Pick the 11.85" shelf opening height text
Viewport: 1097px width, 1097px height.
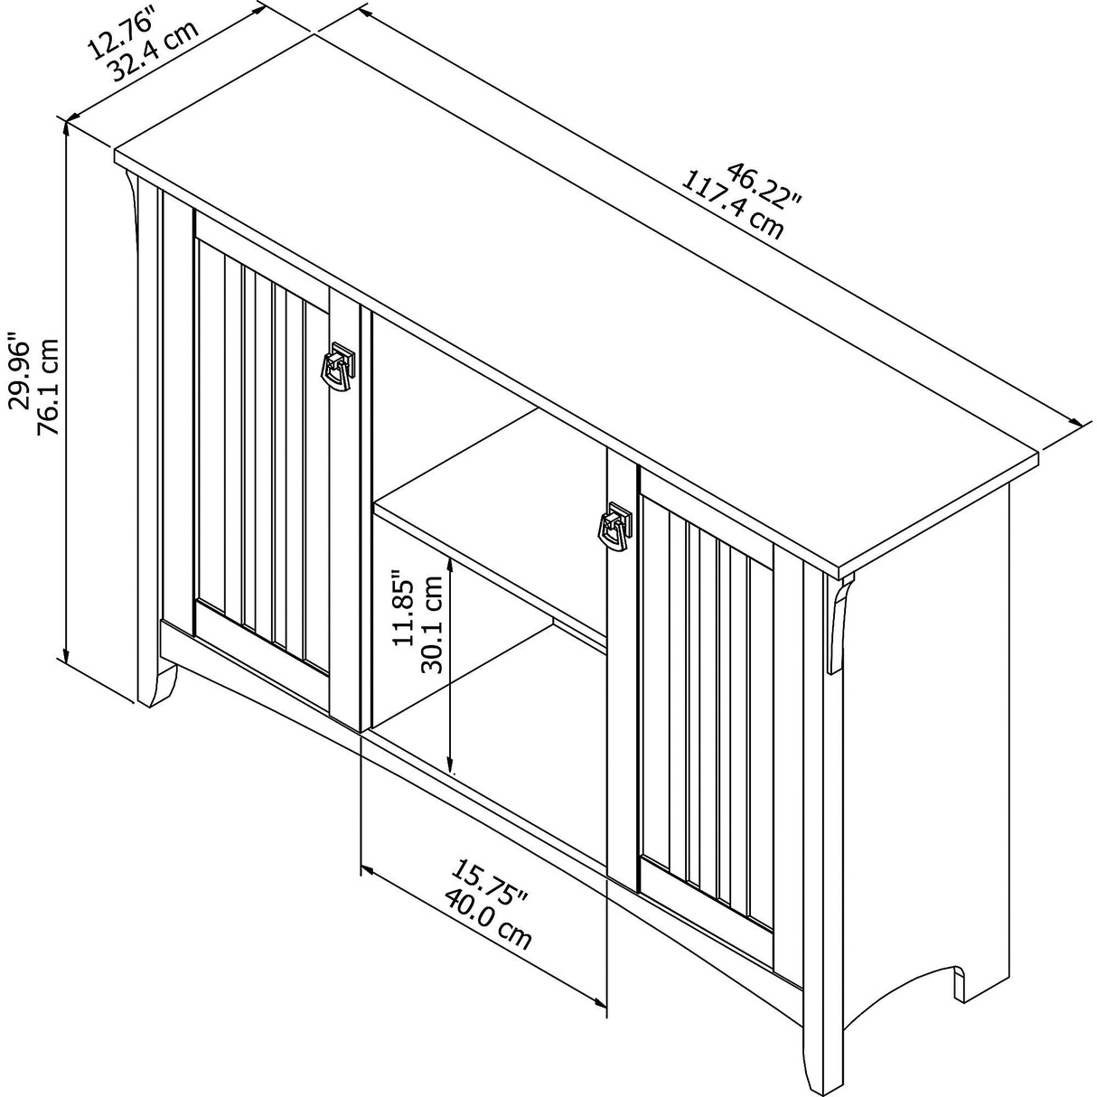(403, 611)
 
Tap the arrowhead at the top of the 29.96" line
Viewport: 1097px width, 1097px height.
(66, 127)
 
